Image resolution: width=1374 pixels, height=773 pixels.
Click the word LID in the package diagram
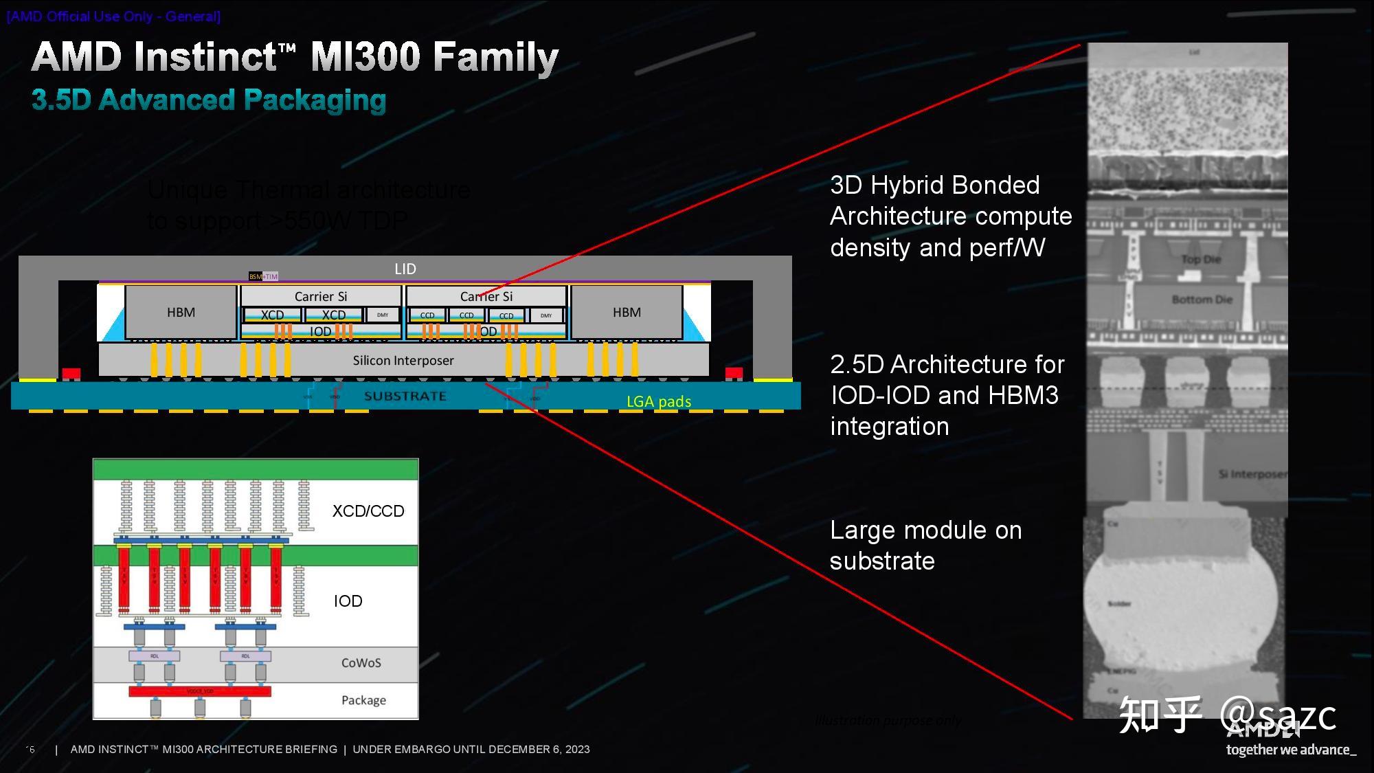405,269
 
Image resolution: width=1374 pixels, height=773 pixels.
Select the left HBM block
181,313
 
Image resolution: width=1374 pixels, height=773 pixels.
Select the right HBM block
627,313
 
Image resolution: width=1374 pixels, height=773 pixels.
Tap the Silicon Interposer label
403,361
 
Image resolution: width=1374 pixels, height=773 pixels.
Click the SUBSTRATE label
405,396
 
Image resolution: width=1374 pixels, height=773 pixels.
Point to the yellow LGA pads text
659,401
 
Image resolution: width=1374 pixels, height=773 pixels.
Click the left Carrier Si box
321,296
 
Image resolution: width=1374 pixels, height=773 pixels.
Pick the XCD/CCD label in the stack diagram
368,511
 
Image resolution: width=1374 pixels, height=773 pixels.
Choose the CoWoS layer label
361,663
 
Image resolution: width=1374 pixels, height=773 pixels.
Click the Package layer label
363,700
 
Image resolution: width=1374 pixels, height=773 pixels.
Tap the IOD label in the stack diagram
348,601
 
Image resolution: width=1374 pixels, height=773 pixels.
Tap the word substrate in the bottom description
882,561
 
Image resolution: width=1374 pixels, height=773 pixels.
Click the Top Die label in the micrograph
1201,259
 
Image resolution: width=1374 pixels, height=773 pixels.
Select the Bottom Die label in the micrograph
1202,300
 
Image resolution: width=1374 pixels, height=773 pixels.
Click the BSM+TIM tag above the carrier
263,276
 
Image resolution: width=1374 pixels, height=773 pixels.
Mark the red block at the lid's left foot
71,374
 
